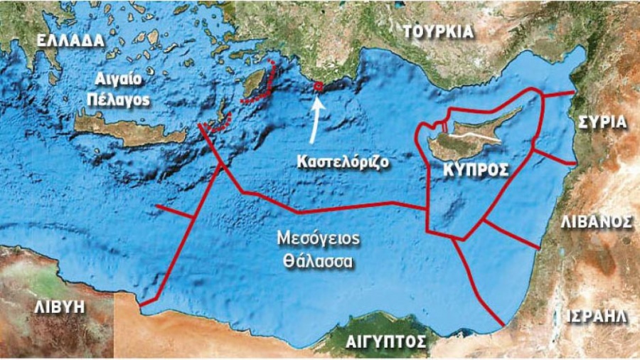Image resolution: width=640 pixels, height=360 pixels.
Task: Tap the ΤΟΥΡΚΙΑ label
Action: click(x=437, y=31)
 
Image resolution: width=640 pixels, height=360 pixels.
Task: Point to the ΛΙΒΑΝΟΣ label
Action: click(x=596, y=221)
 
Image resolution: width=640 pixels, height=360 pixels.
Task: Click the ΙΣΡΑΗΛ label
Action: click(x=597, y=315)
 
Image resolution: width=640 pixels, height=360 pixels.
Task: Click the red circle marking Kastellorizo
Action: click(x=318, y=86)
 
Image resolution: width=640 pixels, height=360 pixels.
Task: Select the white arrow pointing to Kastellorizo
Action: click(x=315, y=116)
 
